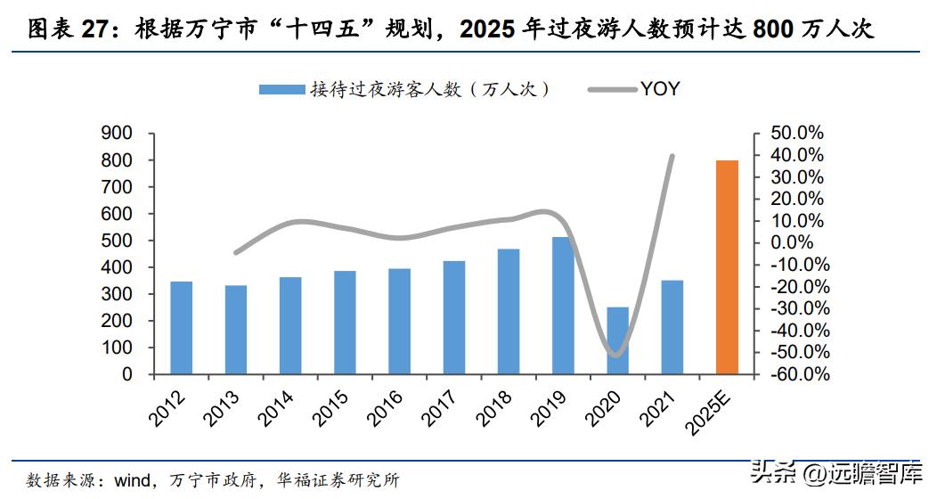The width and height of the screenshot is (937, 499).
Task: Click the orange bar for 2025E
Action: [x=727, y=267]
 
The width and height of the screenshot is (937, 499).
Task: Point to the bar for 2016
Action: [x=400, y=322]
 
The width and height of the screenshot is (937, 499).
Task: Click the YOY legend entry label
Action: [x=660, y=89]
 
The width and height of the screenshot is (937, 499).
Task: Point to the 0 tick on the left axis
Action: [x=126, y=374]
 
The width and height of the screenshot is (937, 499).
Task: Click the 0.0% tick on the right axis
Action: [x=800, y=242]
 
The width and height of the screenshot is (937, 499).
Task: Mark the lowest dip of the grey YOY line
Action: [x=615, y=355]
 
